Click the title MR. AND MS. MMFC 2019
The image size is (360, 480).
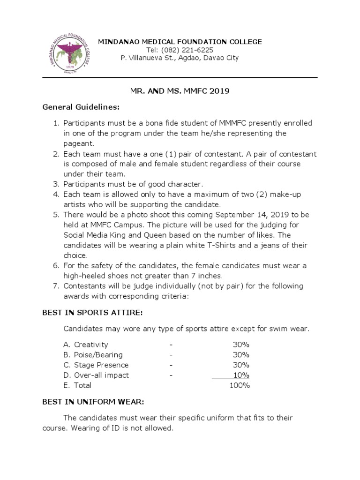point(180,91)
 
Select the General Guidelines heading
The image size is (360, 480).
point(81,107)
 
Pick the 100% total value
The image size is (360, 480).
point(240,385)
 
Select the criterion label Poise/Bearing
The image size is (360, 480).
point(98,355)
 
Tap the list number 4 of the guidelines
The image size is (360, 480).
point(55,195)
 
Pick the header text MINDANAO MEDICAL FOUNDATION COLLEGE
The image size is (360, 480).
point(180,42)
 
